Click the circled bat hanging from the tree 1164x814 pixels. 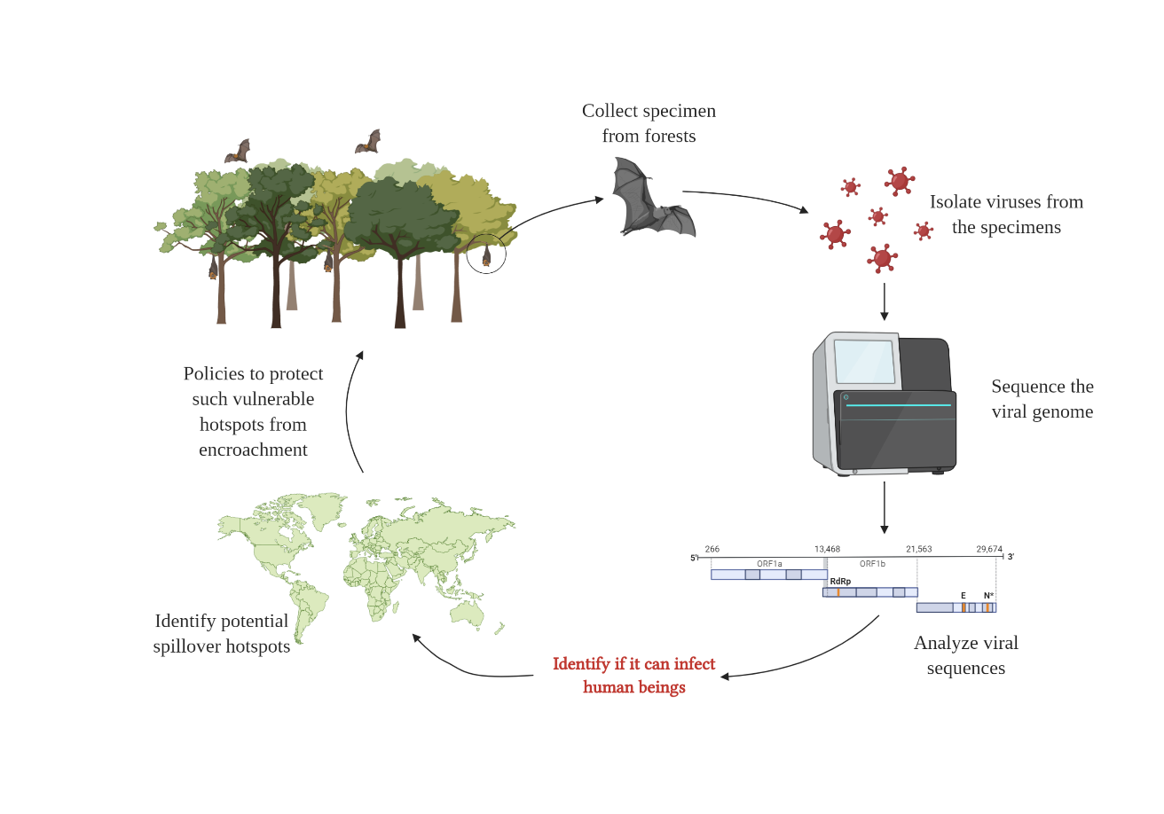[x=486, y=255]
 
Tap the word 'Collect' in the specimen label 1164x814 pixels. [x=612, y=112]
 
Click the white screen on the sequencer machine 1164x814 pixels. [x=865, y=362]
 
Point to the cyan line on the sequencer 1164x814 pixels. [x=898, y=405]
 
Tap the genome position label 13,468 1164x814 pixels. [x=827, y=550]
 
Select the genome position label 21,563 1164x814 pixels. [x=918, y=550]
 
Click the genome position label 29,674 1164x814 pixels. [x=989, y=550]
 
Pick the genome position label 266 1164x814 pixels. [x=712, y=550]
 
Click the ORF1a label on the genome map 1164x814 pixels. [x=769, y=563]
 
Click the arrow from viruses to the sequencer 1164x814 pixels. [x=884, y=301]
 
